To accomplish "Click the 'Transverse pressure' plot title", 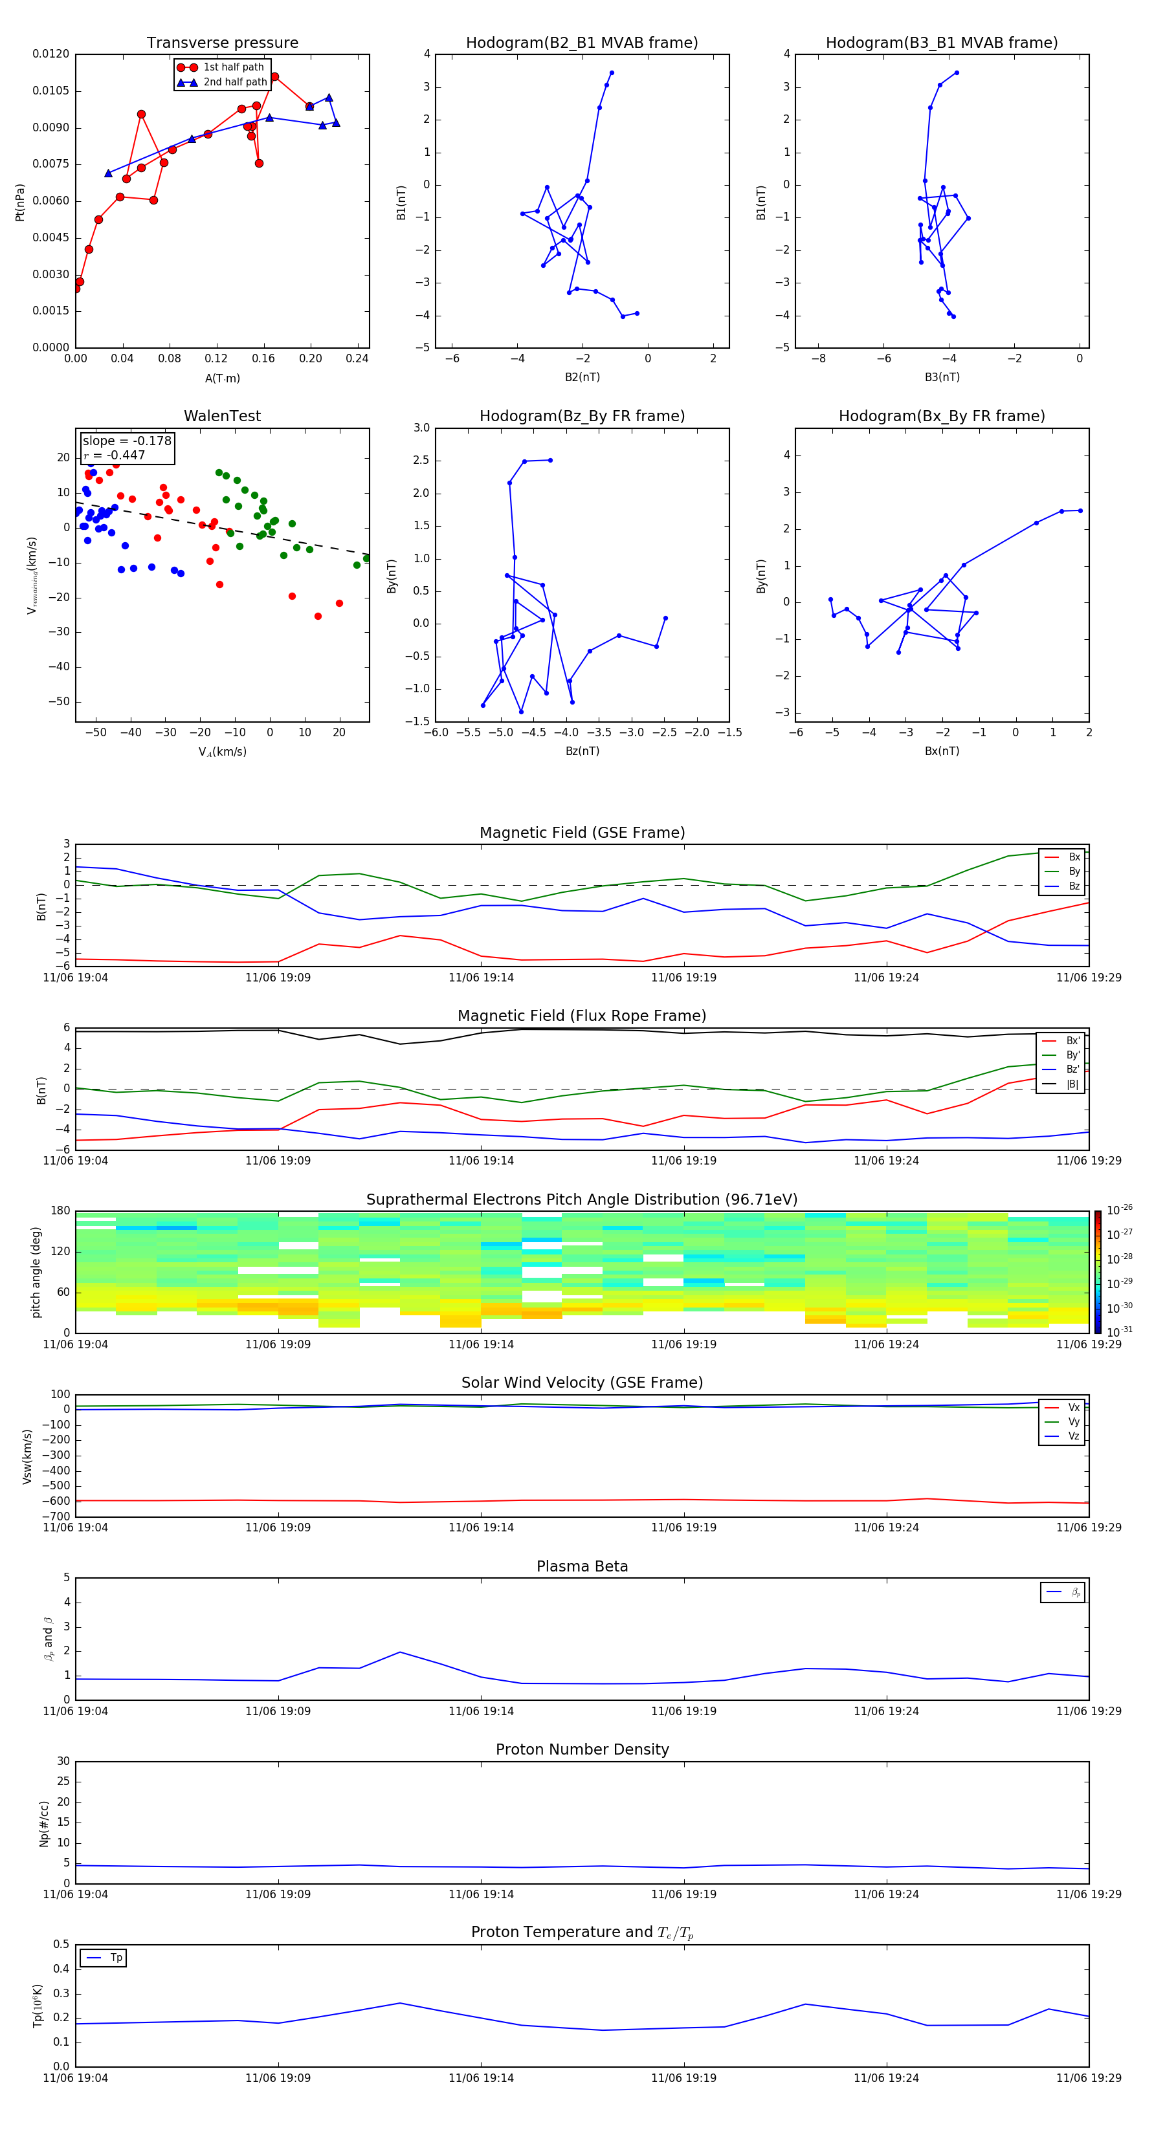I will pos(222,43).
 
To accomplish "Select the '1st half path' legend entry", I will pos(233,67).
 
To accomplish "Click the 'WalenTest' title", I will pos(222,416).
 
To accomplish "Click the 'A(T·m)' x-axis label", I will pos(222,378).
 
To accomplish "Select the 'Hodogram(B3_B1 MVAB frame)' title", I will pos(941,43).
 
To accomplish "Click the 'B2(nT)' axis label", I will pos(582,377).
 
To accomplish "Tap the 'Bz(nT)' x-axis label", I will pos(582,751).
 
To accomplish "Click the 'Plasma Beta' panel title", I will pos(582,1566).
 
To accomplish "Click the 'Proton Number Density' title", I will pos(582,1749).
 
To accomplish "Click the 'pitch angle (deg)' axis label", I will pos(36,1272).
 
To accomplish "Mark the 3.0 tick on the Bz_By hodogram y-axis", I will pos(421,428).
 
